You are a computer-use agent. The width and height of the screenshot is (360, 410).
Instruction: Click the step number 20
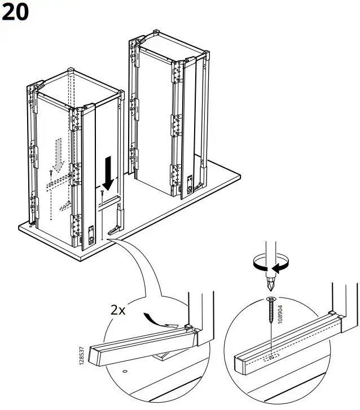[x=15, y=12]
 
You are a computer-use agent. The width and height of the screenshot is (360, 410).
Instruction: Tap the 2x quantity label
[x=120, y=310]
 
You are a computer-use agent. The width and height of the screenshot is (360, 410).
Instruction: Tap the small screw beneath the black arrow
[x=102, y=193]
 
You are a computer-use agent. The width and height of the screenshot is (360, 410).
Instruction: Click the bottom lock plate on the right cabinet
[x=190, y=182]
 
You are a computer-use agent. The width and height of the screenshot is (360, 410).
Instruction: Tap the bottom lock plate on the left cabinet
[x=90, y=232]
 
